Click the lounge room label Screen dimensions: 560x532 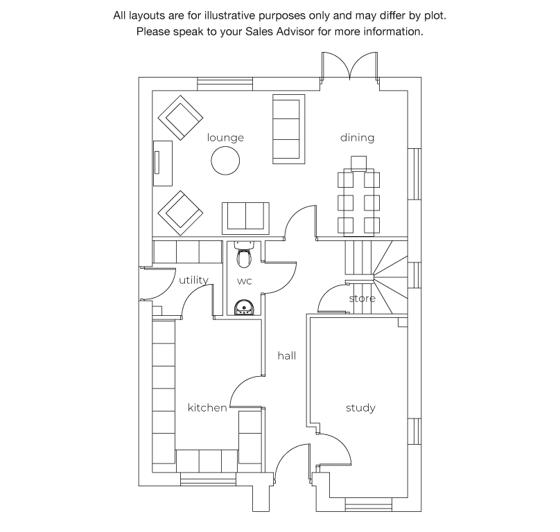(x=225, y=138)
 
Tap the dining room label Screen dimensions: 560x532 (x=357, y=137)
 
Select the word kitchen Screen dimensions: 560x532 (x=207, y=407)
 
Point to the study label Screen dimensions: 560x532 (x=360, y=408)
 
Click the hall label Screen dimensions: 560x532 (x=287, y=355)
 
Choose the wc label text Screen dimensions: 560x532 (x=244, y=281)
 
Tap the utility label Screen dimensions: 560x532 (x=193, y=280)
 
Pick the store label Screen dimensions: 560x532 (x=362, y=299)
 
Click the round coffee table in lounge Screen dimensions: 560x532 (x=225, y=161)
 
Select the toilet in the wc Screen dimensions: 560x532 (x=244, y=255)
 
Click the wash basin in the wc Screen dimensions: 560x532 (x=244, y=308)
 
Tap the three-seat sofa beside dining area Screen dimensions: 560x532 (x=288, y=129)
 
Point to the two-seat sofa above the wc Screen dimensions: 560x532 (x=245, y=218)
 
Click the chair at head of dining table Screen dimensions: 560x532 (x=358, y=164)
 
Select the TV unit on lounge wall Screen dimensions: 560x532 (x=163, y=163)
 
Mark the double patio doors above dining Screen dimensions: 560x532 (x=349, y=67)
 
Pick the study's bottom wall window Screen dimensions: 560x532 (x=369, y=505)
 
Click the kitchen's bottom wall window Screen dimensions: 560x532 (x=208, y=479)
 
